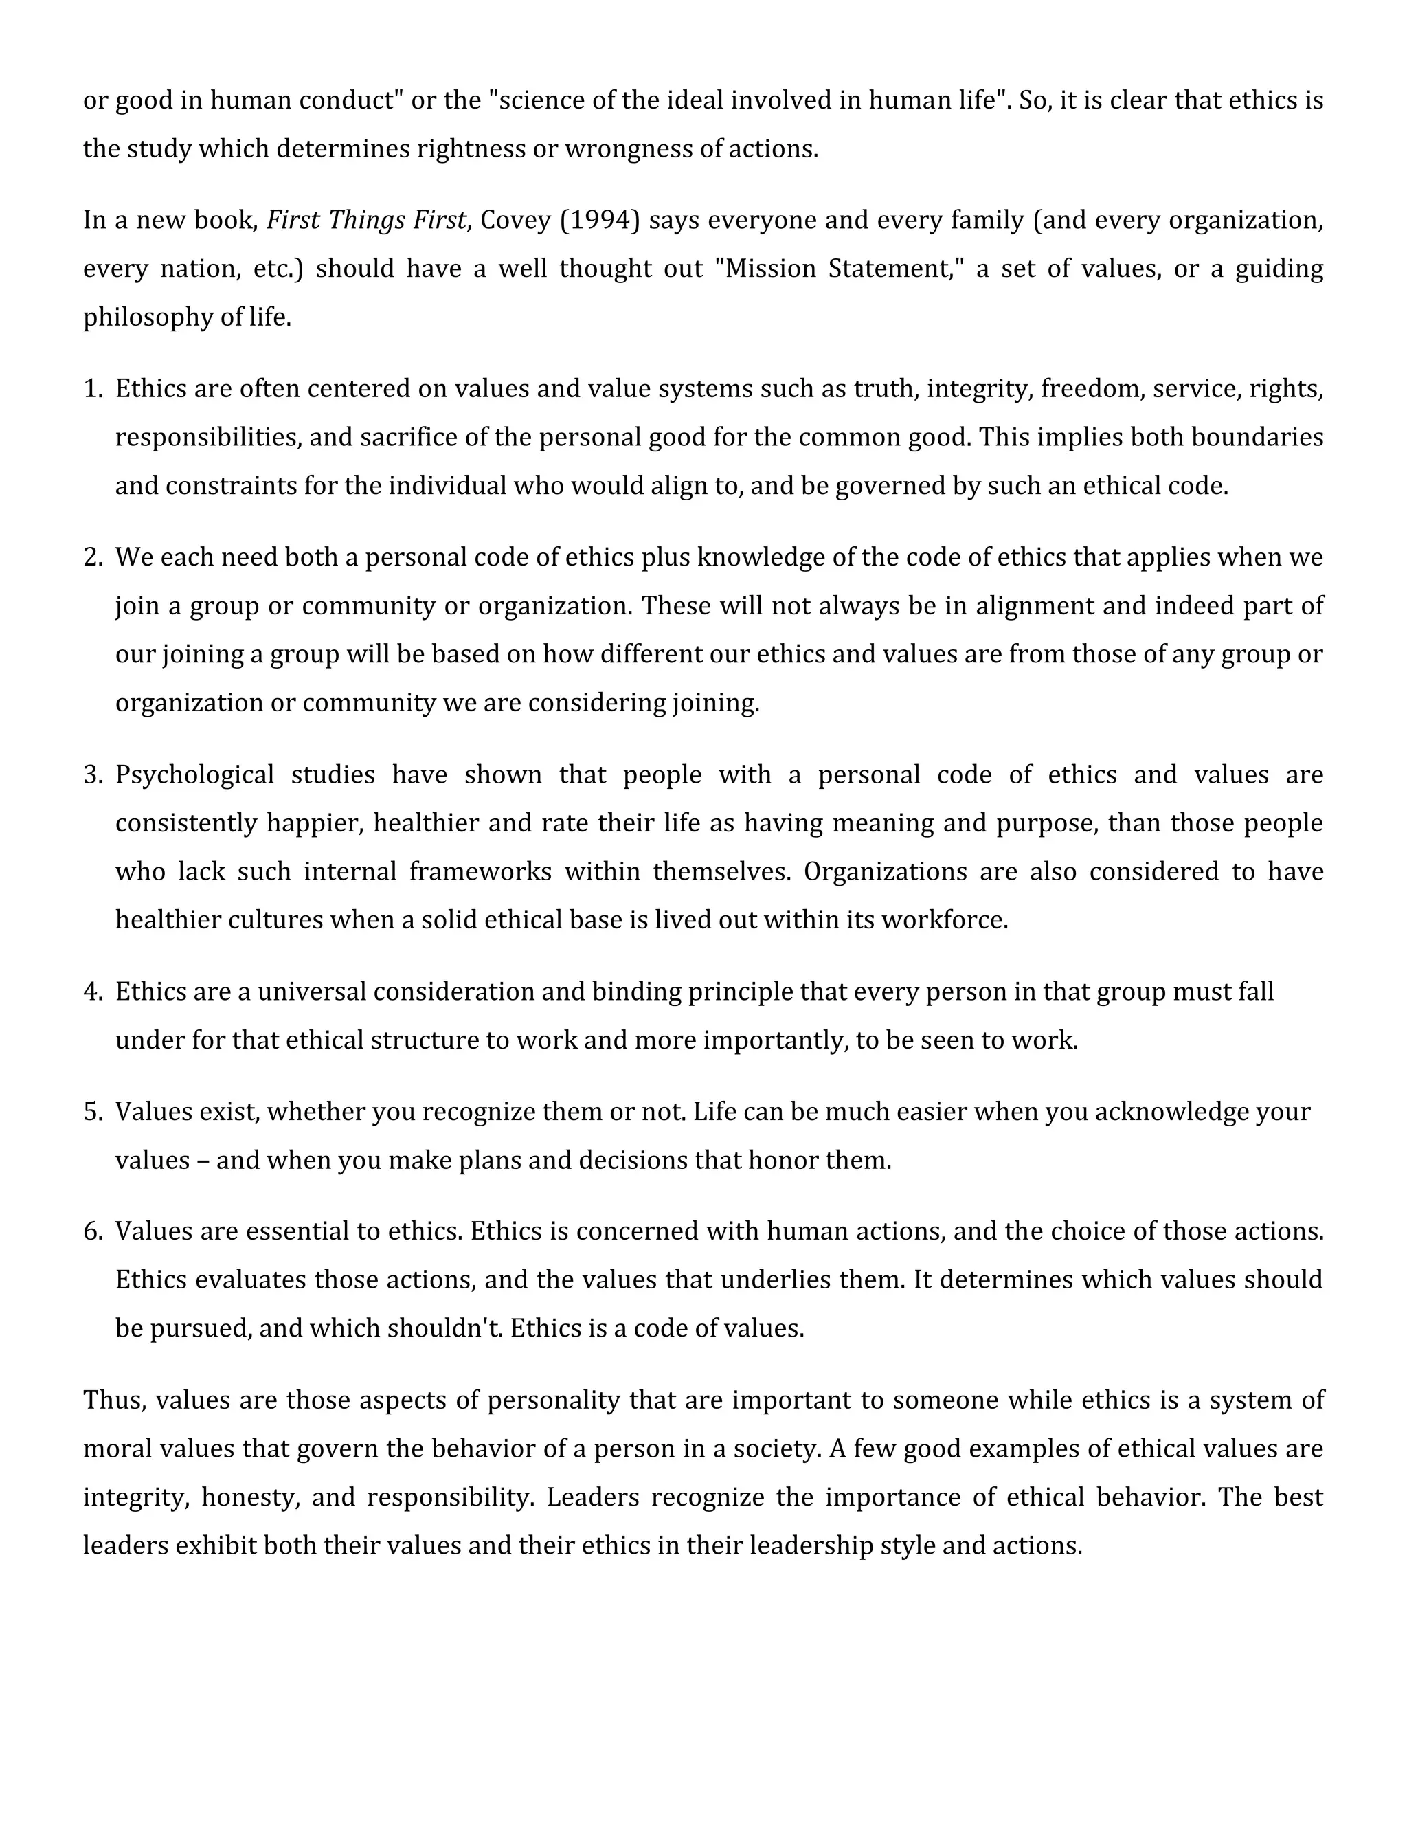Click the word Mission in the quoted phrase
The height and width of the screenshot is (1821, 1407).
point(771,269)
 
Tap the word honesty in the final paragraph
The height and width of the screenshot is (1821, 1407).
point(250,1497)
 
